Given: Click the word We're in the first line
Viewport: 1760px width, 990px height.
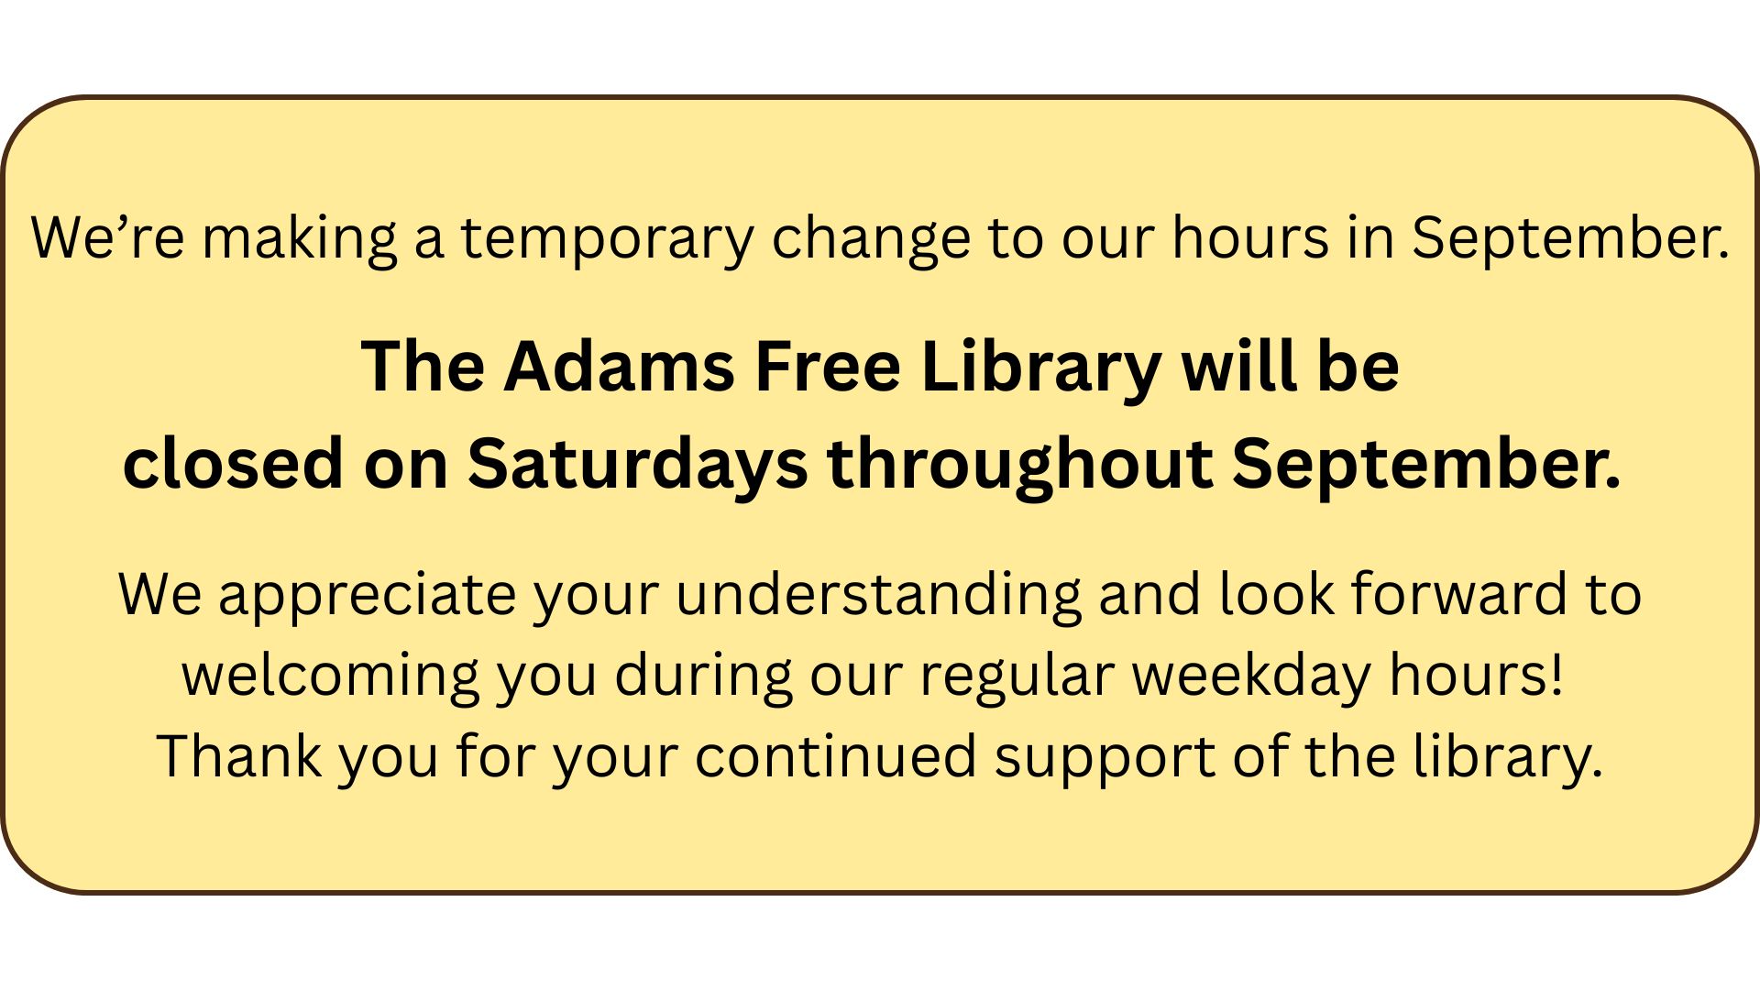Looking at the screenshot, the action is point(108,237).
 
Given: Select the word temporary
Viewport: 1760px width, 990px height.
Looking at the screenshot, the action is point(606,241).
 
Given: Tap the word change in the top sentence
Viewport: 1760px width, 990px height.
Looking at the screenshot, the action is point(870,241).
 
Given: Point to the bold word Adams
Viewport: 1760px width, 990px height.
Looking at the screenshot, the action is point(619,367).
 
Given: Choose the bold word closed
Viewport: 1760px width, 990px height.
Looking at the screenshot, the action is point(233,463).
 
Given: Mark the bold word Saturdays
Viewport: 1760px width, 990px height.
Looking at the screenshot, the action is point(638,467).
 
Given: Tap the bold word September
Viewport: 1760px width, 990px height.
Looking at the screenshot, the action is point(1426,467).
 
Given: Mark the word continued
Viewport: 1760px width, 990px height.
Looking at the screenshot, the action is point(835,756).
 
